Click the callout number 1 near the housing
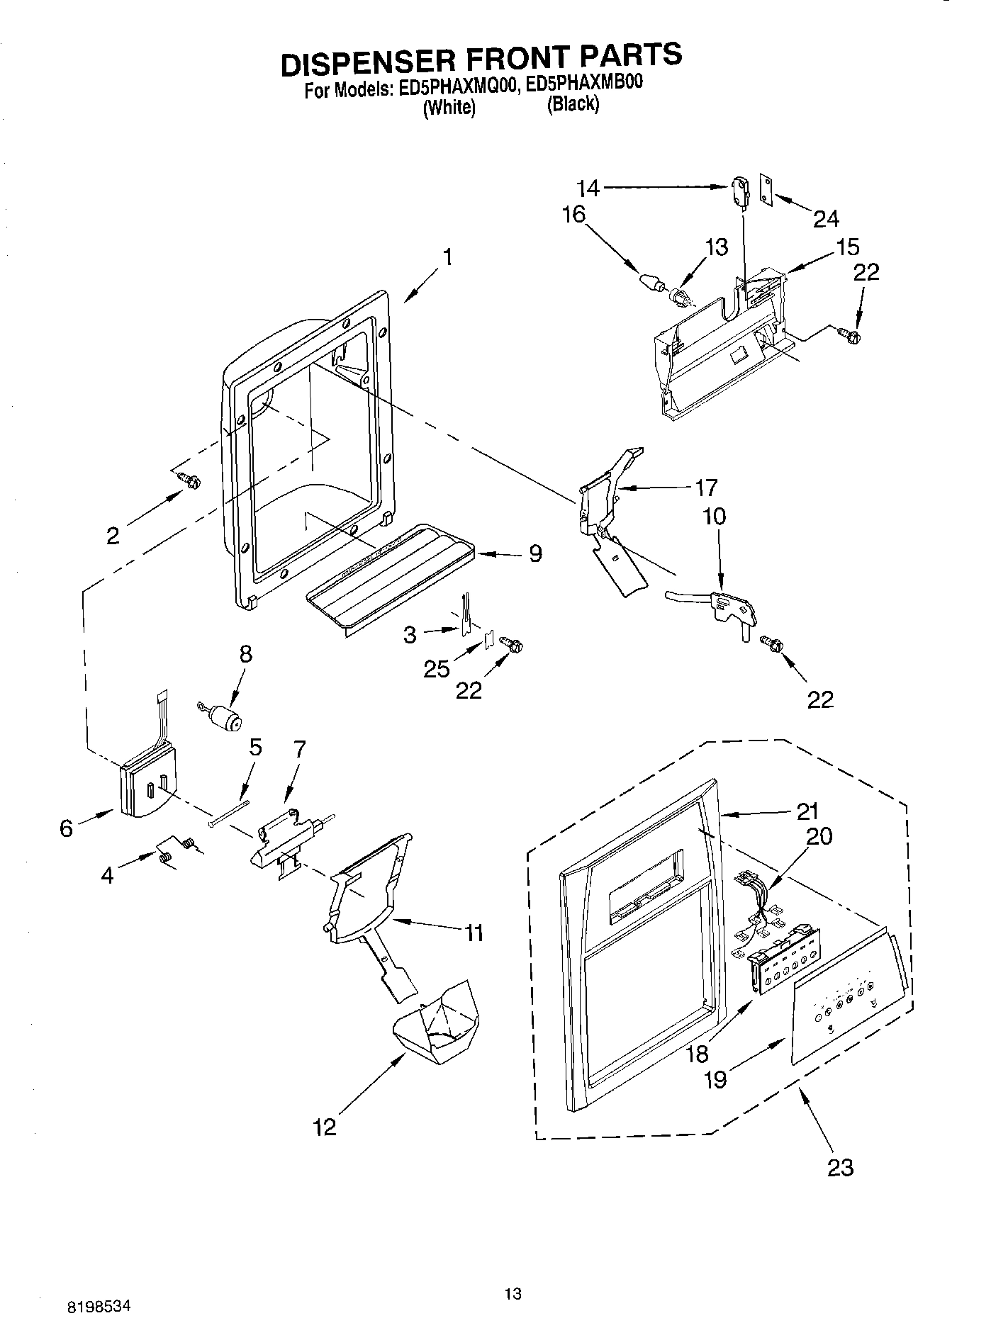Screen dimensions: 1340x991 447,257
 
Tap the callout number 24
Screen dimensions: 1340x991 825,218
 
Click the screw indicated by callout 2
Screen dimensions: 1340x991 190,481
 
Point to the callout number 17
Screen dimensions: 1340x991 706,488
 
